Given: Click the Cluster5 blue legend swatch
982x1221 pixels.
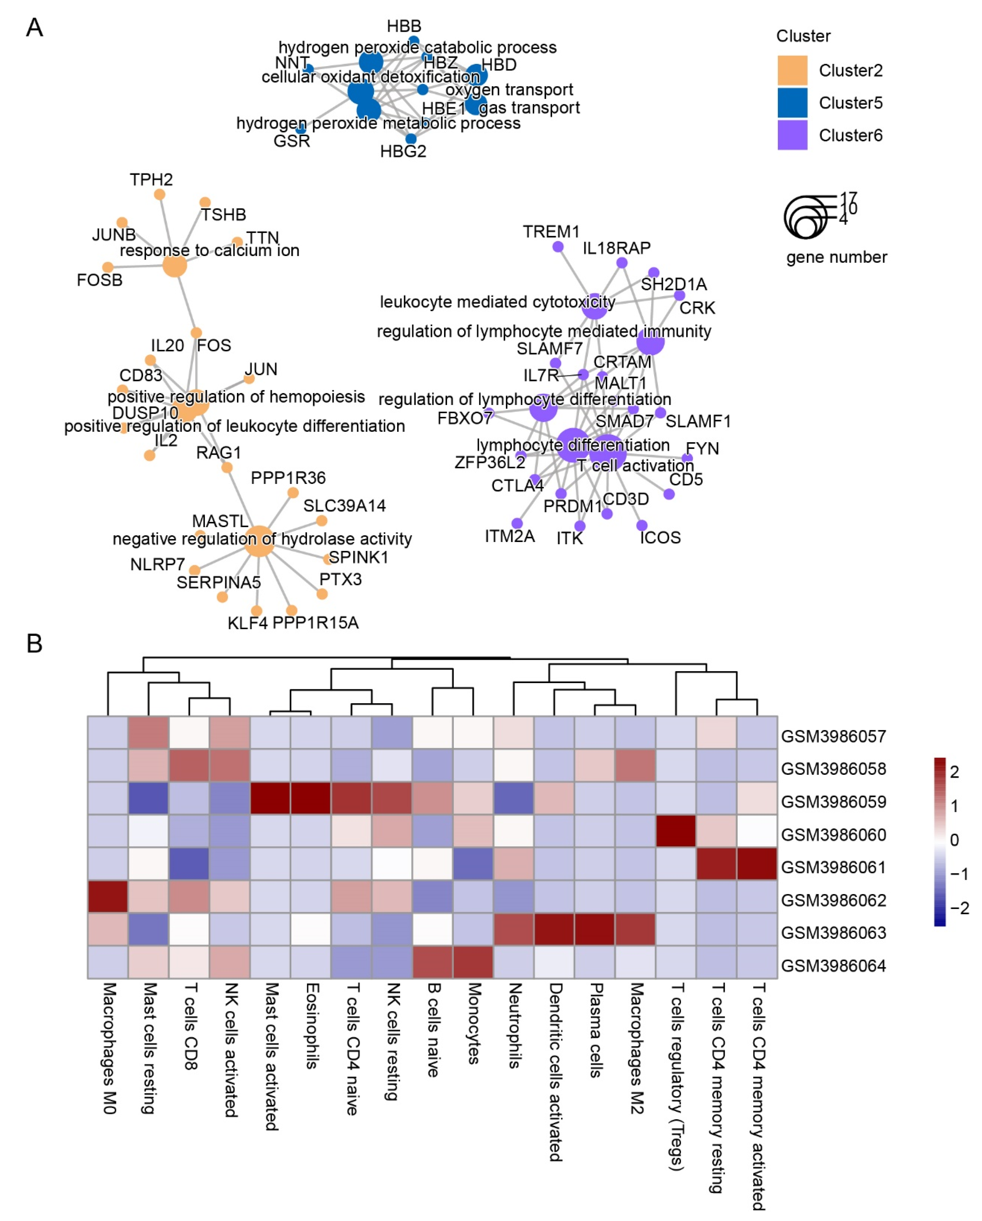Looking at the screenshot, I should click(x=792, y=103).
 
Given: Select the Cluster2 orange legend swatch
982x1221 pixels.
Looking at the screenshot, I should click(x=792, y=70).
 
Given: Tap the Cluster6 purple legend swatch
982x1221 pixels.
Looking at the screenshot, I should click(x=792, y=135).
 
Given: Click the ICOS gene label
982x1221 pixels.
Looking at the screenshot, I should click(x=660, y=537).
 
